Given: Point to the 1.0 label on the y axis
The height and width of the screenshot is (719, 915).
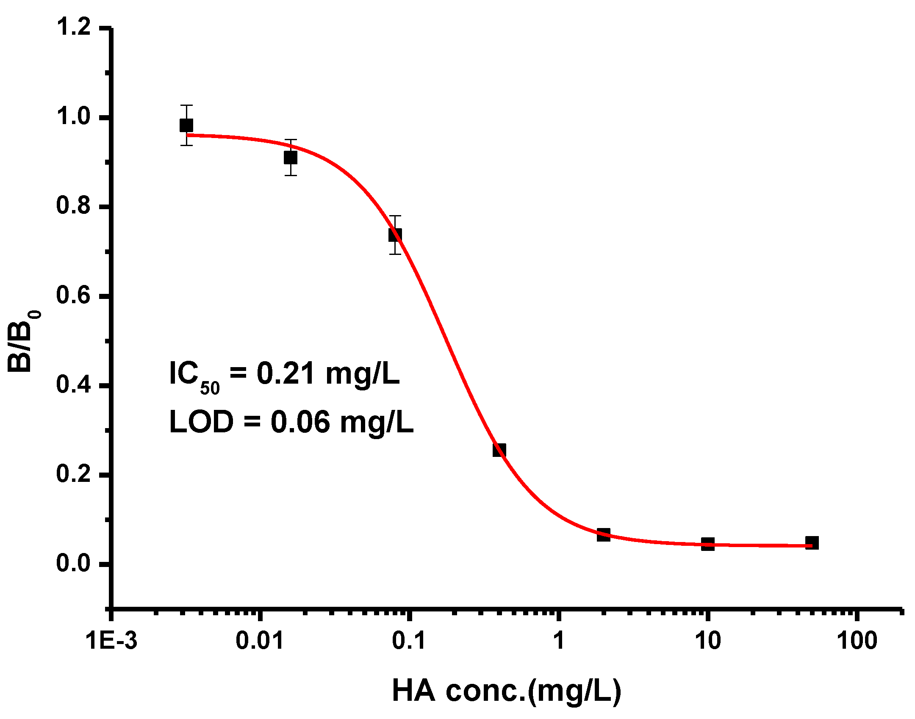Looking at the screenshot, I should [x=74, y=116].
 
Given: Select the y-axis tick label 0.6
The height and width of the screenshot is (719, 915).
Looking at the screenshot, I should [x=74, y=295].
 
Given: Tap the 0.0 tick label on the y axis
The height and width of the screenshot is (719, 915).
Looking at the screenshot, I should [x=74, y=563].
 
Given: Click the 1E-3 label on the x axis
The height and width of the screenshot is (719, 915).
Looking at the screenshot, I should [x=111, y=640].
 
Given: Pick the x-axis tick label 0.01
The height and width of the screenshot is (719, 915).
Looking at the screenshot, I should [x=259, y=640].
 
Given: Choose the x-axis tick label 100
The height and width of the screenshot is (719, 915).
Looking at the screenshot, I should [x=857, y=640].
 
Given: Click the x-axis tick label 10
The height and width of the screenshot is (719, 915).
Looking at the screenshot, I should [x=708, y=640].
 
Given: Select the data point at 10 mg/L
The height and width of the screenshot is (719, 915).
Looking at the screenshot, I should [x=707, y=544].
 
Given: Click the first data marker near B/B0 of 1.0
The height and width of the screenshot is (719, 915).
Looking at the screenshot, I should [x=186, y=125].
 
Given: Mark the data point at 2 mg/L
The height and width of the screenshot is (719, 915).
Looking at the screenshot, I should [x=603, y=534].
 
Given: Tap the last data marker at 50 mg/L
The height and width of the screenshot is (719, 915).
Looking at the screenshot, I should [x=812, y=543].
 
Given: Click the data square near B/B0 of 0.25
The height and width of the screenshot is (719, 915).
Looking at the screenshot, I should [x=499, y=450].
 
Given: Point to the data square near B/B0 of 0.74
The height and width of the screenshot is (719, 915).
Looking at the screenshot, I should [x=395, y=235].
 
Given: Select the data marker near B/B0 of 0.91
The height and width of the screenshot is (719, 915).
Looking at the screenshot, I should [x=290, y=158].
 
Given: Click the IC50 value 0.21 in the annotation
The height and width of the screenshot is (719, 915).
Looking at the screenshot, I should [x=286, y=374].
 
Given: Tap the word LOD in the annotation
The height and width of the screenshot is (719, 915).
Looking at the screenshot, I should [x=201, y=422].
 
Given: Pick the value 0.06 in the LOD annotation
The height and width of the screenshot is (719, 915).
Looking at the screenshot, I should [x=300, y=422].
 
